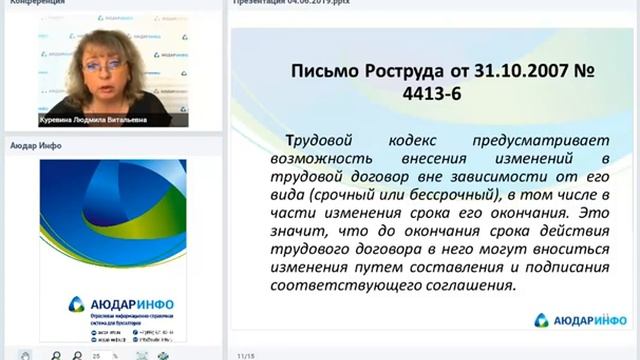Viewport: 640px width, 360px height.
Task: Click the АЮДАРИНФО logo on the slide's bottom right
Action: coord(579,320)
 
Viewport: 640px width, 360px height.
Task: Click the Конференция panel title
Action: coord(32,4)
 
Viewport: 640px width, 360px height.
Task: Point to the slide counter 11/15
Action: coord(245,355)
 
